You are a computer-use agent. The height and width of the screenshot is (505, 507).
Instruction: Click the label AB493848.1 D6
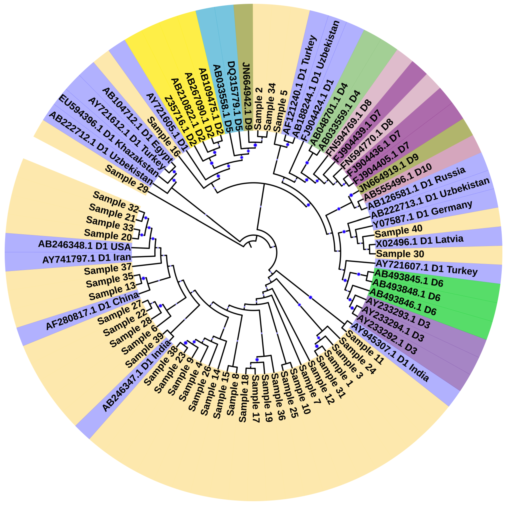click(x=406, y=290)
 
